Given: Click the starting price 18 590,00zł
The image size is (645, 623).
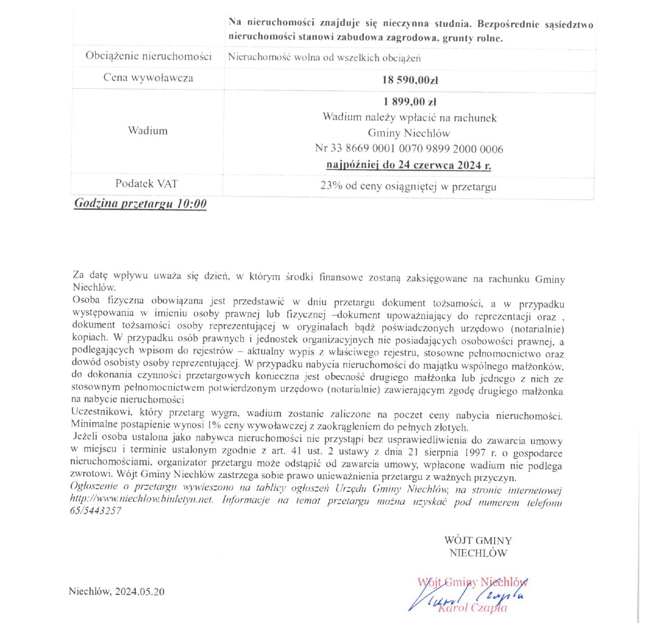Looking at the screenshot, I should click(410, 80).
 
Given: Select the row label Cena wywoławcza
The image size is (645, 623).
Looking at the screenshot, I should click(148, 78).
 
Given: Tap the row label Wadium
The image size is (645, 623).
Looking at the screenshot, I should click(148, 131).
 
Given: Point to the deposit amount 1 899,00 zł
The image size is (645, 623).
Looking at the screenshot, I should click(410, 101).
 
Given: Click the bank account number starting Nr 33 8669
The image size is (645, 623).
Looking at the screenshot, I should click(409, 149).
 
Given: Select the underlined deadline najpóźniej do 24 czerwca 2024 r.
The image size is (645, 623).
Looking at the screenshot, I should click(409, 166).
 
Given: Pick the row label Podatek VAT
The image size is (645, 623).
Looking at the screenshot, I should click(147, 184).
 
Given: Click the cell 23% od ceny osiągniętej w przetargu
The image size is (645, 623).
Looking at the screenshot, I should click(408, 186).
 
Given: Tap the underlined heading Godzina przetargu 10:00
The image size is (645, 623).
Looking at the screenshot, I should click(140, 204).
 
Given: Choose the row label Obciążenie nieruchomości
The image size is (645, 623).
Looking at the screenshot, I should click(148, 56).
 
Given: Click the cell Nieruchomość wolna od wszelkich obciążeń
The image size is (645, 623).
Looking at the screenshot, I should click(324, 58).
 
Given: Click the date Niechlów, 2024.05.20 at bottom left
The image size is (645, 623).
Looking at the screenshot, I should click(117, 592).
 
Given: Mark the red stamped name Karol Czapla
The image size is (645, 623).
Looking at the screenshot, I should click(473, 608).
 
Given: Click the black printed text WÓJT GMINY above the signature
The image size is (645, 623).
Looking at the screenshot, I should click(478, 541).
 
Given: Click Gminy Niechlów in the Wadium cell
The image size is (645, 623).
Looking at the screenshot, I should click(409, 133).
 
